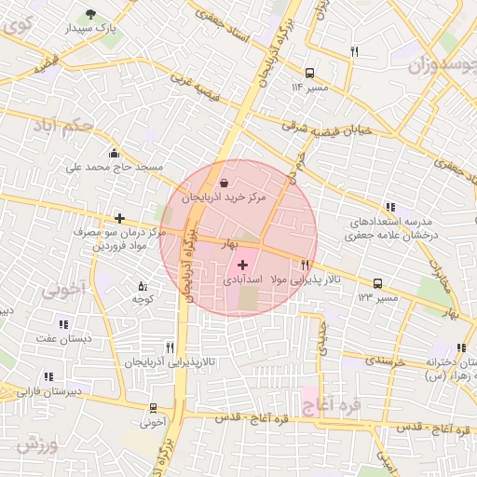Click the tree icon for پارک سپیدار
[x=90, y=14]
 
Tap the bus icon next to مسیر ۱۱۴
[x=309, y=72]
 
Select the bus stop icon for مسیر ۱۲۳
[x=377, y=283]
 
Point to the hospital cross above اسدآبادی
[x=243, y=265]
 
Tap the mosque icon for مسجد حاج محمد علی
[x=114, y=153]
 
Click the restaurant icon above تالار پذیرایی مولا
[x=305, y=266]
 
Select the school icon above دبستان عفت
[x=63, y=324]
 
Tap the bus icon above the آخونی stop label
[x=152, y=408]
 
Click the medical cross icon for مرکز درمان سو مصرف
[x=119, y=218]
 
